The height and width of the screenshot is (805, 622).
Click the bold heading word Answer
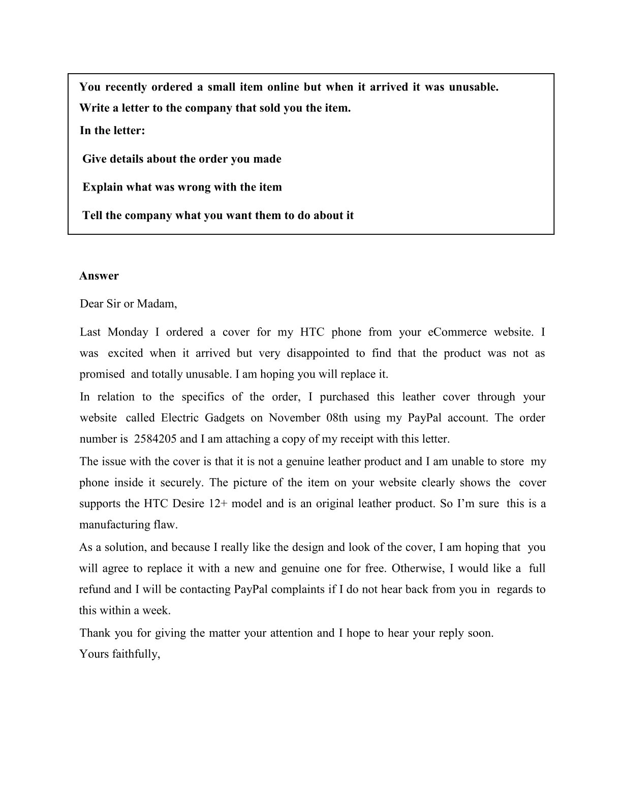pos(99,276)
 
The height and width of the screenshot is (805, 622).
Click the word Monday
pos(128,332)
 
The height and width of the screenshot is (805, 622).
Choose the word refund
pos(95,590)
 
